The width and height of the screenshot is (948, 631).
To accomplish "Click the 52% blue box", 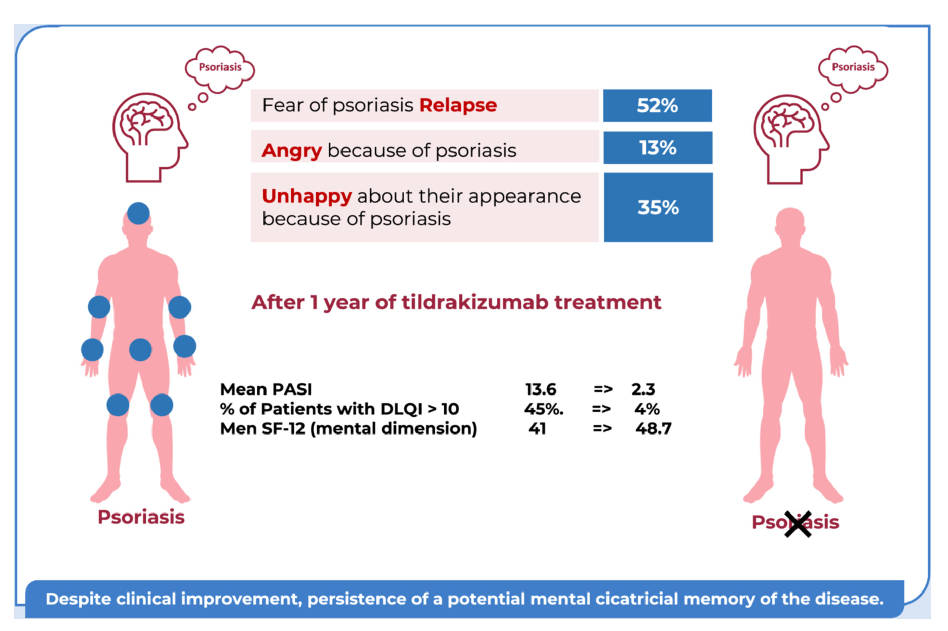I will pos(657,105).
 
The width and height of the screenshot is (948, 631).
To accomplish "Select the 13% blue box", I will pos(658,148).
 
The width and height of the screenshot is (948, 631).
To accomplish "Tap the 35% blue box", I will pos(658,207).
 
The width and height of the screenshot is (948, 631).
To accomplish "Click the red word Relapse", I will pos(458,105).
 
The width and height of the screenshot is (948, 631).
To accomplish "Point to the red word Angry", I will pos(291,150).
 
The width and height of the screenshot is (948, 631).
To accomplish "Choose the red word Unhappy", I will pos(307,196).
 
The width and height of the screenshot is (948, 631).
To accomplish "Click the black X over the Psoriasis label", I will pos(798,524).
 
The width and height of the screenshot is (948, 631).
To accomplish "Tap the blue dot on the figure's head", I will pos(138,213).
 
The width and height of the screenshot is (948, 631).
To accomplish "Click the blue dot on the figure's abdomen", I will pos(140,349).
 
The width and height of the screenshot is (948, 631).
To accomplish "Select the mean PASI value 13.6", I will pos(541,389).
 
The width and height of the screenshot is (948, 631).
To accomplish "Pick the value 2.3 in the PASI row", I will pos(643,389).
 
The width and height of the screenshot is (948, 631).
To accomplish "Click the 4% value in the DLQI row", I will pos(647,409).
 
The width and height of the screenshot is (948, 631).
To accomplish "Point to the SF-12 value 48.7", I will pos(653,428).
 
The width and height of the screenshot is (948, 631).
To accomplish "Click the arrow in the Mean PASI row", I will pos(603,389).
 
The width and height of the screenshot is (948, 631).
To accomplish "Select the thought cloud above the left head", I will pos(220,68).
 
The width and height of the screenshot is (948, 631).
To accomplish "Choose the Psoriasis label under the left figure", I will pos(141,517).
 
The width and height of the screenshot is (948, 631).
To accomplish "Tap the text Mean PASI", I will pos(266,389).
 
